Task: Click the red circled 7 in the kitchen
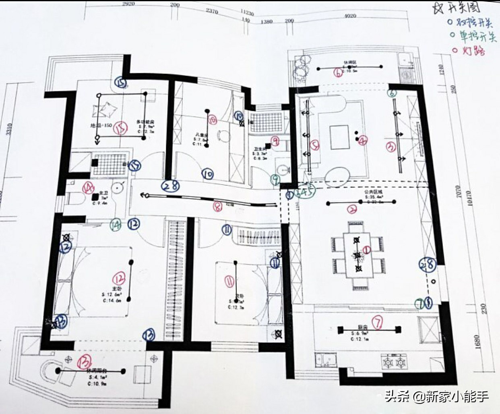pos(377,321)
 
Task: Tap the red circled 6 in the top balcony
pos(338,72)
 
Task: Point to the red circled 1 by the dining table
pos(367,250)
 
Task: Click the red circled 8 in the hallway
pos(217,207)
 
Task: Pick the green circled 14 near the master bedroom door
pos(116,225)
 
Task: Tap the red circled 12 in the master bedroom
pos(119,278)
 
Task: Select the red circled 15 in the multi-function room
pos(120,128)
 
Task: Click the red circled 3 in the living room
pos(391,147)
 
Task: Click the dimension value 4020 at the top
pos(350,16)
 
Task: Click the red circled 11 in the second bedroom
pos(229,281)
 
